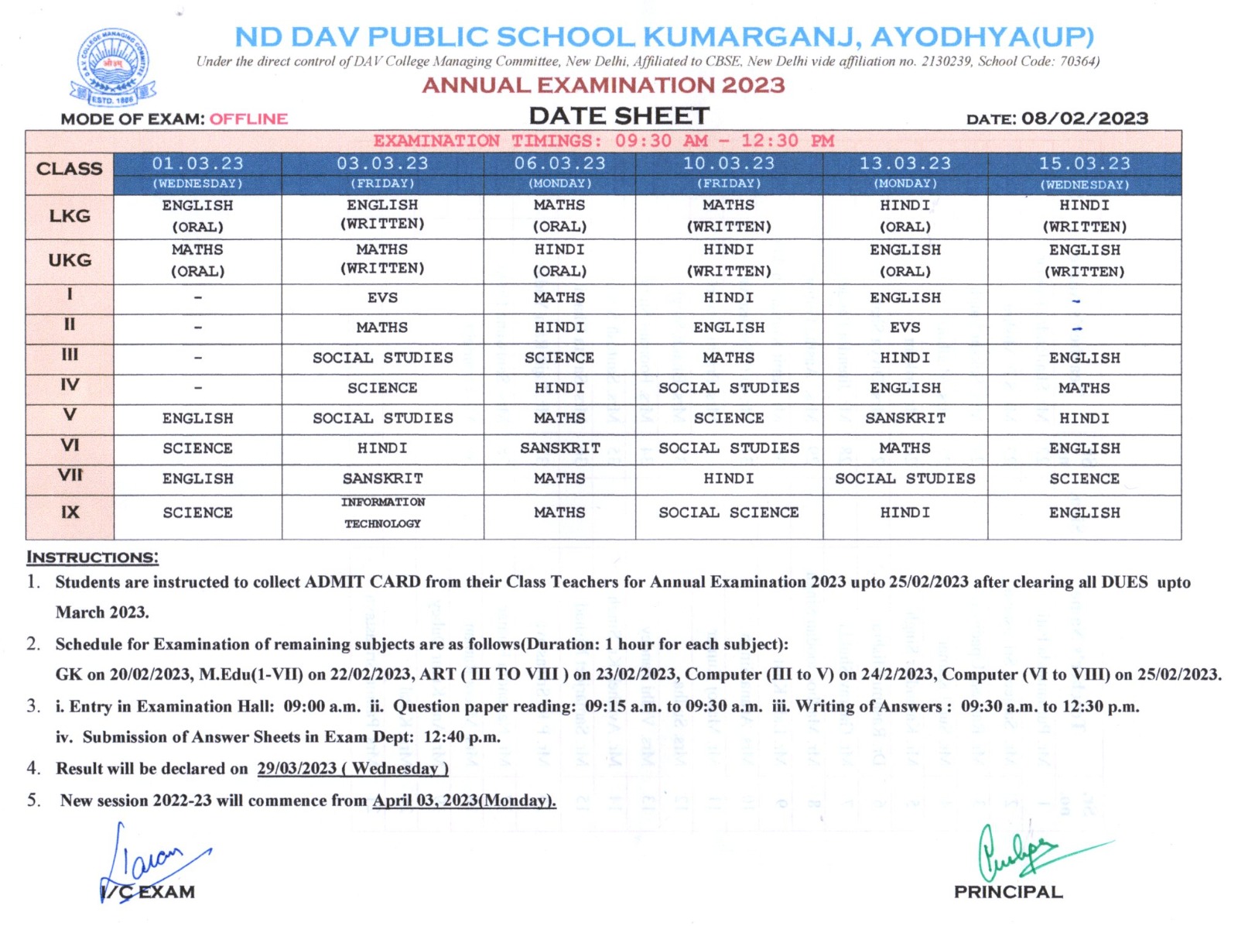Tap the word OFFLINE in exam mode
[x=248, y=119]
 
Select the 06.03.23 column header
[x=559, y=164]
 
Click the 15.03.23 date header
[x=1084, y=164]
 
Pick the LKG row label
[x=70, y=216]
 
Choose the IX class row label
[x=70, y=513]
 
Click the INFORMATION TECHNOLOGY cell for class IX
[x=382, y=513]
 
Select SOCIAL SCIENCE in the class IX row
[x=728, y=513]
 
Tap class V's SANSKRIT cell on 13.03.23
[x=905, y=418]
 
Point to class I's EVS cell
[x=382, y=298]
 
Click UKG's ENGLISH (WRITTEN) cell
[x=1084, y=260]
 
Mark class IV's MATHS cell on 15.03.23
[x=1084, y=388]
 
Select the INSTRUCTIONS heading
[x=92, y=557]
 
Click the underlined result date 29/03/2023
[x=296, y=769]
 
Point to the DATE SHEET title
[x=619, y=116]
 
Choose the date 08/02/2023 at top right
[x=1084, y=118]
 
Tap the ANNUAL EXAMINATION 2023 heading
[x=604, y=85]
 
